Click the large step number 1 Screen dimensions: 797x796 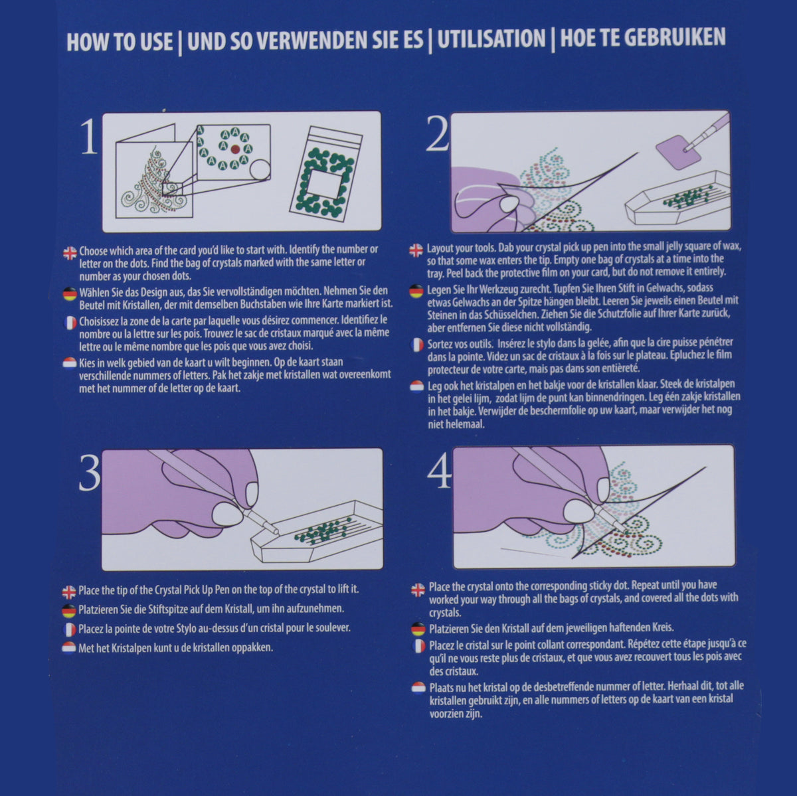point(90,137)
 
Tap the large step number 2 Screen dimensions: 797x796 point(437,133)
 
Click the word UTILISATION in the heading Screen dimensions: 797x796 point(491,39)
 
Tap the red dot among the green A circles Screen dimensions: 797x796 point(235,149)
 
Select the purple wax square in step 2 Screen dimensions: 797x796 point(679,152)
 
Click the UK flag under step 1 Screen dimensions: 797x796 point(70,253)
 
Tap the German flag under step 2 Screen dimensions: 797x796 point(416,291)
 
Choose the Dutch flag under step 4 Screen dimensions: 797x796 point(418,688)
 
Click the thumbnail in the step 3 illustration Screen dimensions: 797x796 point(227,515)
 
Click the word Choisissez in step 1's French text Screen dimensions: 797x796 point(99,321)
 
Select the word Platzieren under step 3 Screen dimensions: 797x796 point(98,609)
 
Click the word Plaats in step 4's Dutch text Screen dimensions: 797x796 point(442,688)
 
